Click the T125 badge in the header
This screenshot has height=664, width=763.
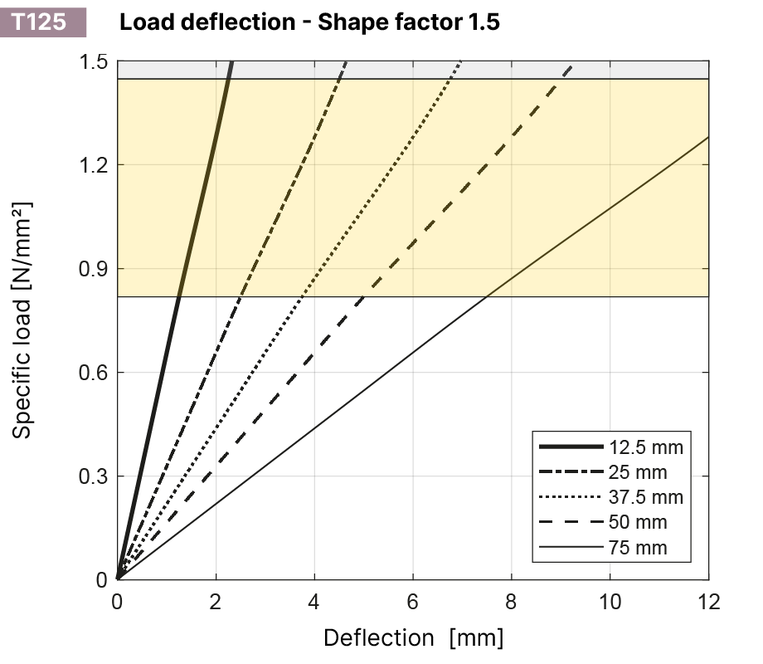tap(41, 22)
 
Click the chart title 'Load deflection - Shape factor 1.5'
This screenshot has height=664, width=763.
tap(309, 22)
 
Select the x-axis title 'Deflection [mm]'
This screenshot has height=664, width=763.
tap(413, 637)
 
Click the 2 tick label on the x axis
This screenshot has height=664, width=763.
tap(216, 600)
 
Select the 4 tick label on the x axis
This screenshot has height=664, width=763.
tap(314, 600)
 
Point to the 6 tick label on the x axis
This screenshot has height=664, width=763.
tap(413, 600)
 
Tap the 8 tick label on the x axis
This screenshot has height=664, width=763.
tap(512, 600)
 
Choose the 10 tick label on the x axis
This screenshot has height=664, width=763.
tap(610, 600)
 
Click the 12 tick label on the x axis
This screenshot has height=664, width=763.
tap(708, 600)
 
